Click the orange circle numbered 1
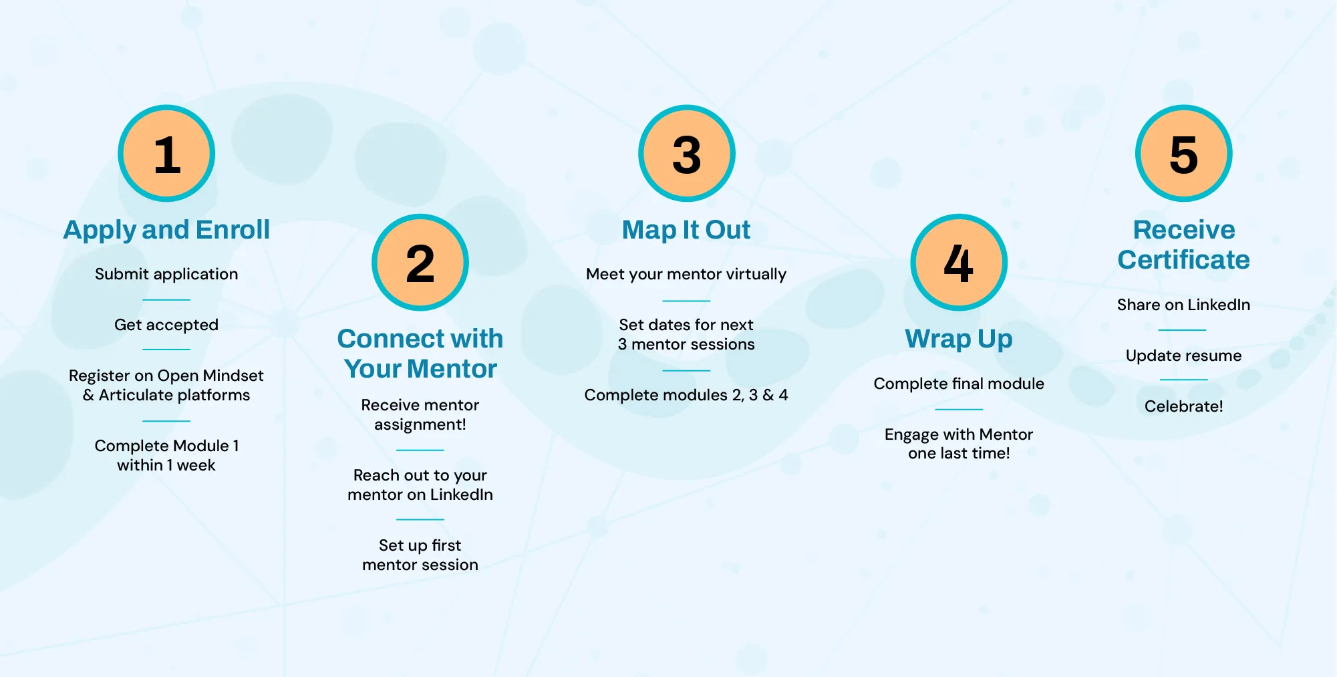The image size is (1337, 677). tap(166, 154)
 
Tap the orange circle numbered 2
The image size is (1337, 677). tap(420, 263)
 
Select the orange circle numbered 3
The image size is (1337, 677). tap(686, 154)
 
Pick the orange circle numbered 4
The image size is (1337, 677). tap(959, 263)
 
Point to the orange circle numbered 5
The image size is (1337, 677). tap(1183, 154)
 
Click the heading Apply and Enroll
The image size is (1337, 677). tap(166, 230)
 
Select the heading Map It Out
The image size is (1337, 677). tap(686, 230)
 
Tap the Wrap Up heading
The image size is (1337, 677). tap(959, 339)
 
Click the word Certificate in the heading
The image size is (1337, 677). tap(1183, 260)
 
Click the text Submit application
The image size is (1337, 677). tap(166, 274)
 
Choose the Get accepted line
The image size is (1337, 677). tap(166, 325)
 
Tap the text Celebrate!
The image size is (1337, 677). tap(1183, 406)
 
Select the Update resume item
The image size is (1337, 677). tap(1183, 356)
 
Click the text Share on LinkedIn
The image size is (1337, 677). tap(1183, 305)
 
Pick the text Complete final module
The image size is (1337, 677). tap(959, 384)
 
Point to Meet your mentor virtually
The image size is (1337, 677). tap(686, 274)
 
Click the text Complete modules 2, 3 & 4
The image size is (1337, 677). tap(686, 395)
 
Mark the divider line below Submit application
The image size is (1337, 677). tap(166, 299)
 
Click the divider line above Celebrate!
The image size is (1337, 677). tap(1183, 380)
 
